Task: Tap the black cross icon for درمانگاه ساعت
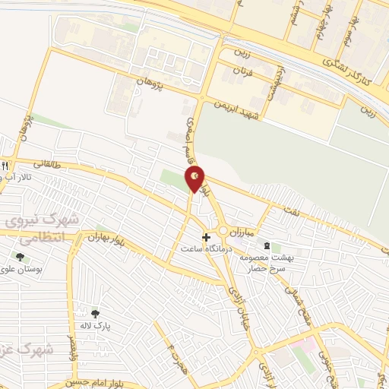pos(206,237)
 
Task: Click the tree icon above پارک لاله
pos(95,314)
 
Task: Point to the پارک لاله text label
pos(96,325)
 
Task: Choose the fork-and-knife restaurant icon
pos(5,165)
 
